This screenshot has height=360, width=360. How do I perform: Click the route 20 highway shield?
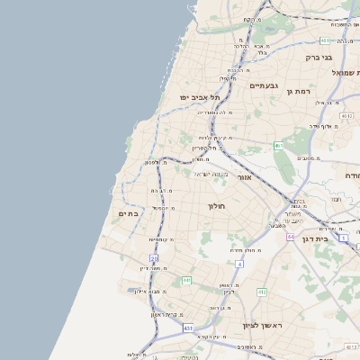pos(154,257)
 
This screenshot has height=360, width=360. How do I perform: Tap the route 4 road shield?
pos(238,264)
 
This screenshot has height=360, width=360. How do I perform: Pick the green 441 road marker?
pos(186,282)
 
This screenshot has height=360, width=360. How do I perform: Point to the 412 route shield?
pos(262,292)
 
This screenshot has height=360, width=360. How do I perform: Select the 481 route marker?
pos(324,40)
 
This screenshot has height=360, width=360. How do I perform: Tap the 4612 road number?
pos(346,116)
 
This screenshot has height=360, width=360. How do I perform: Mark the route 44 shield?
pos(291,236)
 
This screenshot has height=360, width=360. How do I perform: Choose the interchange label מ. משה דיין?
pos(155,268)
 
